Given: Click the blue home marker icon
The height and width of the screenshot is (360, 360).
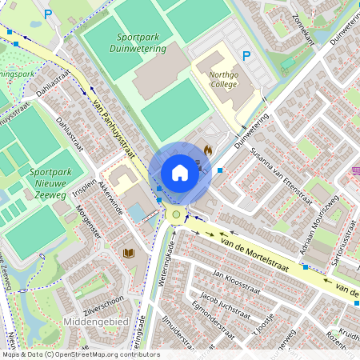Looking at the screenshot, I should point(180,173).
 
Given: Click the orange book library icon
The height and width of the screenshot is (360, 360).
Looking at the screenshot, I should point(126,254).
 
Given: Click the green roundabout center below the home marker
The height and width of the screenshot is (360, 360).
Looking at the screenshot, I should point(176,214).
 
